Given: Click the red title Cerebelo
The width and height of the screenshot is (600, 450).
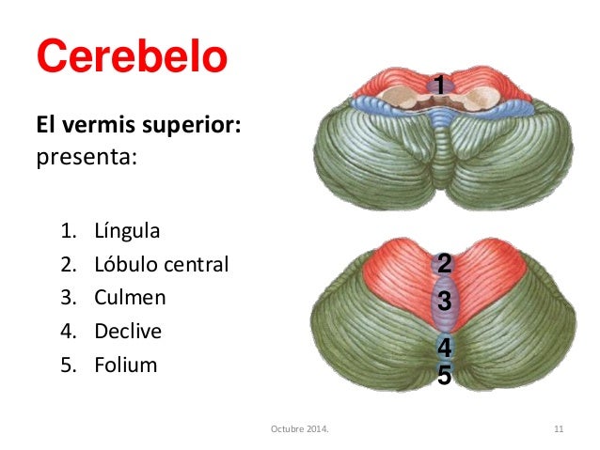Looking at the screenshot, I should (132, 58).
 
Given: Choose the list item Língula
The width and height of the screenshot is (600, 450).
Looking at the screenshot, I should (127, 231).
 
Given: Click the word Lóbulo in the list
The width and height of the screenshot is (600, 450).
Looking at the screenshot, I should (124, 265).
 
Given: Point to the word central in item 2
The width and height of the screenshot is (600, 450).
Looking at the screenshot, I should (194, 265).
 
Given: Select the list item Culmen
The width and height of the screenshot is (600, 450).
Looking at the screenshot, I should (130, 298).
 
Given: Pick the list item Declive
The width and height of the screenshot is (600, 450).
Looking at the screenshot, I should (128, 332).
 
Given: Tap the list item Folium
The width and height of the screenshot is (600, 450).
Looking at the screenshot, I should (125, 365).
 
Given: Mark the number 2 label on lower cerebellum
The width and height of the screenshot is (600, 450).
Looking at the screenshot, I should (444, 263).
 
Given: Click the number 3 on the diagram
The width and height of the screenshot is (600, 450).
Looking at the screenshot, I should (444, 302).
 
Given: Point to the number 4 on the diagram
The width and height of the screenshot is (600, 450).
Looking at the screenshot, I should (444, 348).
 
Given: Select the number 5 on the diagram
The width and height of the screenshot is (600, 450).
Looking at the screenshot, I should (444, 377).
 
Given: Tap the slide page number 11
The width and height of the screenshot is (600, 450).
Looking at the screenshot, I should (558, 430).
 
